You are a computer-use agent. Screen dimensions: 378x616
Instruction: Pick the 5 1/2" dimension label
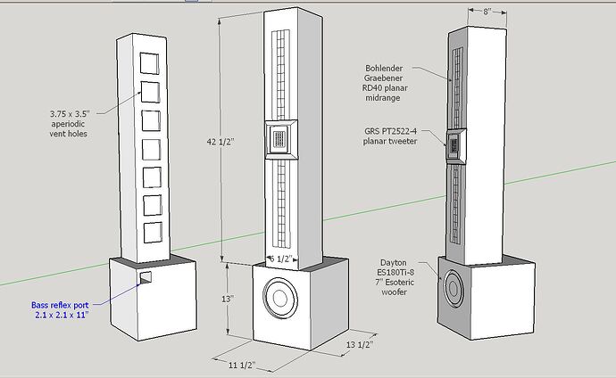click(280, 259)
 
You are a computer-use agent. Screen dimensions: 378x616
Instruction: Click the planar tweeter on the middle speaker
click(279, 139)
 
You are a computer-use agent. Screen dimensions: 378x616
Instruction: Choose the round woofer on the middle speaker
click(279, 299)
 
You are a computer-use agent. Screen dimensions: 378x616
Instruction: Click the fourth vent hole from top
click(150, 148)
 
